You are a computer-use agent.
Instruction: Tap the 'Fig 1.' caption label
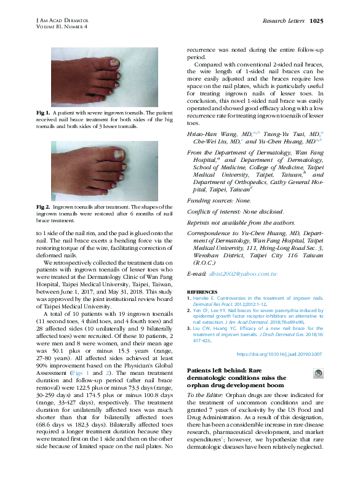pyautogui.click(x=44, y=114)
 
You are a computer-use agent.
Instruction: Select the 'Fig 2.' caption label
pyautogui.click(x=44, y=207)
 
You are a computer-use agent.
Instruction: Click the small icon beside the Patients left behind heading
pyautogui.click(x=318, y=374)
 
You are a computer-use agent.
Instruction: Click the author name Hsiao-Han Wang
pyautogui.click(x=206, y=133)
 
